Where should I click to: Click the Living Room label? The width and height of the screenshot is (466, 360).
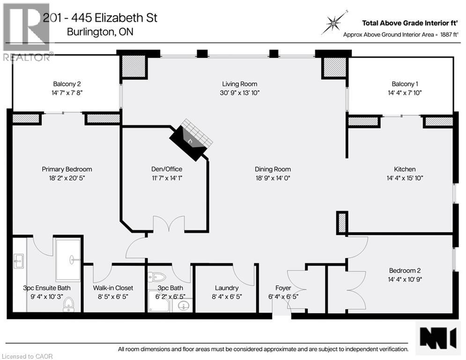coord(239,84)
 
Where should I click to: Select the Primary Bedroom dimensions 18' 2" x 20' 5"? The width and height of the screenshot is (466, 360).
coord(67,178)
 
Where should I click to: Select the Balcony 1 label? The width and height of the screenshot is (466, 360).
coord(405,84)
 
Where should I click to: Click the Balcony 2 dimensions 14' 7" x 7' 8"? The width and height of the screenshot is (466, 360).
coord(64,93)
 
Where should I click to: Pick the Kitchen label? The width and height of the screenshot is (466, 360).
coord(405,169)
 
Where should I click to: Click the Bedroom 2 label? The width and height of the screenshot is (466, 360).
coord(405,270)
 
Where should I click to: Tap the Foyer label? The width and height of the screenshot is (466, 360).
coord(283,288)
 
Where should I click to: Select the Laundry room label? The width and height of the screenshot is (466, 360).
coord(227,288)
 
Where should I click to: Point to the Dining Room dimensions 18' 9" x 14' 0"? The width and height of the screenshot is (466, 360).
coord(273,178)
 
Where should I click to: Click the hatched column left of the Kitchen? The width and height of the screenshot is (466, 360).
coord(342,223)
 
